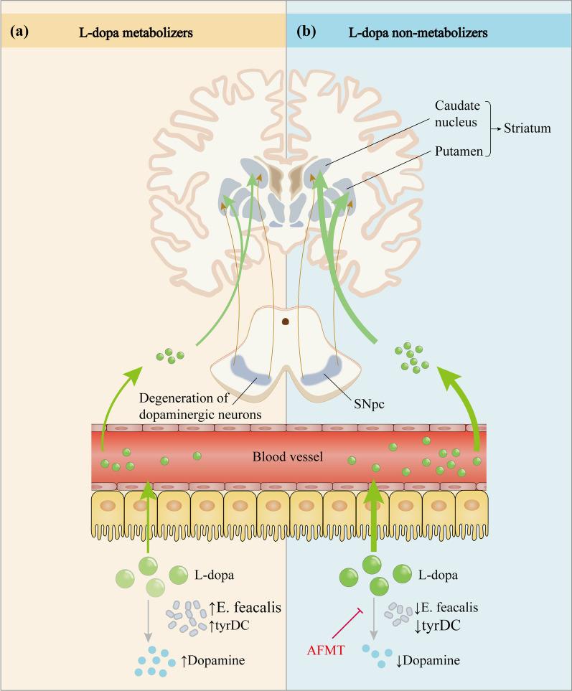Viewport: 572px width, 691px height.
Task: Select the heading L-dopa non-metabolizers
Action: [x=431, y=32]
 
